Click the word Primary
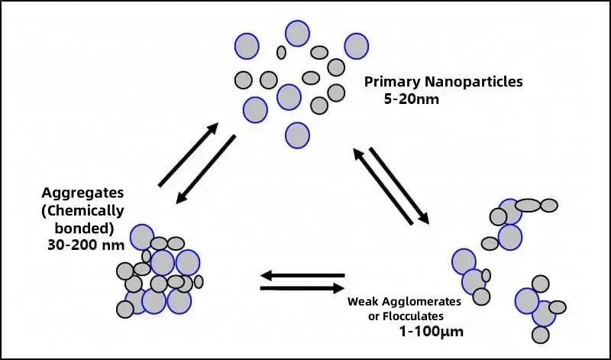[393, 83]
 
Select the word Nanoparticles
[474, 82]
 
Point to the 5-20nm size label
[412, 99]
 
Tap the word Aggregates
[82, 193]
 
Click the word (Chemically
[82, 211]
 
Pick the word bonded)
[84, 229]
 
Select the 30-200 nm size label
[86, 245]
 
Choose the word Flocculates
[413, 316]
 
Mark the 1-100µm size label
[432, 332]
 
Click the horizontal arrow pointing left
[302, 275]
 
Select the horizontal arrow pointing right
[302, 288]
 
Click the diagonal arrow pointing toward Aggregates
[205, 169]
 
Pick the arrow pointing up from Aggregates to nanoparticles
[188, 154]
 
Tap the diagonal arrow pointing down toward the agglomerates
[399, 186]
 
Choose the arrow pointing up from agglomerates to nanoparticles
[383, 186]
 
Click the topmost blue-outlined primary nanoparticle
[297, 33]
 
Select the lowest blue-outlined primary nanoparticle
[297, 135]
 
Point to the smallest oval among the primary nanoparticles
[281, 52]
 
